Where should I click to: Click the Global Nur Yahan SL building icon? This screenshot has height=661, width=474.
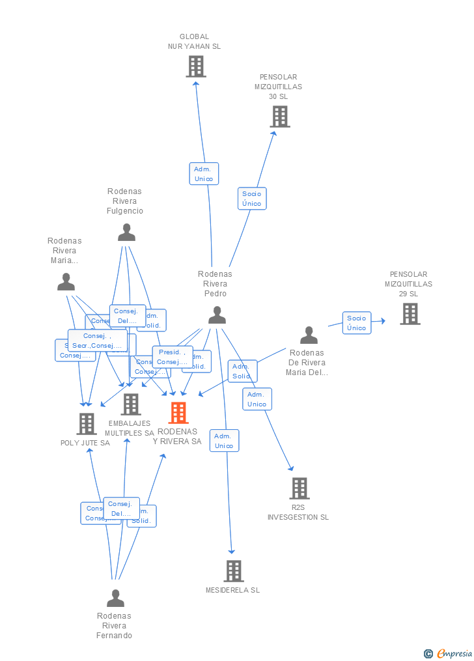[195, 66]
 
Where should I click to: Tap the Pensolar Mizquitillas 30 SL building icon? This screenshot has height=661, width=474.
[279, 117]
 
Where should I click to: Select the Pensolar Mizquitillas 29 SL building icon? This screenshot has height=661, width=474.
[410, 314]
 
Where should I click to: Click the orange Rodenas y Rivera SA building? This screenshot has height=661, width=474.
[178, 413]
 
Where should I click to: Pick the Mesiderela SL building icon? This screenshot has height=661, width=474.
[234, 571]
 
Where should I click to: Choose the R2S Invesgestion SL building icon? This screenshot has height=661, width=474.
[299, 488]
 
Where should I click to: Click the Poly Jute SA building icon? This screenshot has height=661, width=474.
[86, 424]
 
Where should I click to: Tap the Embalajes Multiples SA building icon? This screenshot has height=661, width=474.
[131, 404]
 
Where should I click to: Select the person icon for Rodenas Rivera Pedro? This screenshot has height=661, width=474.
[217, 315]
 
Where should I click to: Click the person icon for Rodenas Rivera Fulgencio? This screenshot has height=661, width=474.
[126, 232]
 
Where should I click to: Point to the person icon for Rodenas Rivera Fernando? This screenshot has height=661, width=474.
[115, 598]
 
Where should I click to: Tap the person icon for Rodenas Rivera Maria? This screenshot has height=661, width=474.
[66, 282]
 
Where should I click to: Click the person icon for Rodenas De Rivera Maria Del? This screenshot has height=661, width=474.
[309, 335]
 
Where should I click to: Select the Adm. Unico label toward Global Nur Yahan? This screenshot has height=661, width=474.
[204, 174]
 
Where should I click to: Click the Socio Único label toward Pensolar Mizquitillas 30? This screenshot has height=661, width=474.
[252, 199]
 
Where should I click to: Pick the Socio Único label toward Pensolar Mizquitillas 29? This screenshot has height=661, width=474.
[357, 323]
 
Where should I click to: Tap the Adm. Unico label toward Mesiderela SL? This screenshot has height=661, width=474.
[224, 441]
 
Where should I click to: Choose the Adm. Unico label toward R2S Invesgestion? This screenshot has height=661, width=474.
[257, 399]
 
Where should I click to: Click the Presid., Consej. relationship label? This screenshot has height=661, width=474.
[172, 357]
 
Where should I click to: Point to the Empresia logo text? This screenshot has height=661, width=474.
[454, 653]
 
